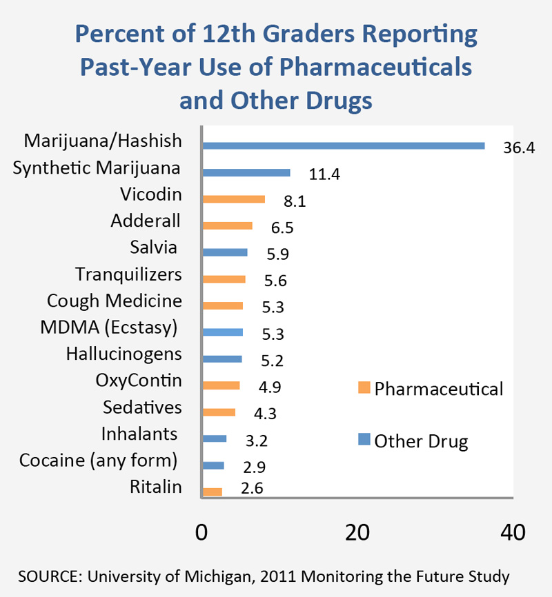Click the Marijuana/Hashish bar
(343, 145)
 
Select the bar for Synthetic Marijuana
(246, 172)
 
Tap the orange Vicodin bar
(233, 199)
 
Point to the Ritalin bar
(212, 492)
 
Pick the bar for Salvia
(224, 252)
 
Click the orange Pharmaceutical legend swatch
(364, 389)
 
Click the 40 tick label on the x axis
(511, 532)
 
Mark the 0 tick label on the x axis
(201, 532)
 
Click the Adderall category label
(146, 221)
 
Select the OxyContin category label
(139, 381)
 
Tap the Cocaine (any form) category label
(99, 460)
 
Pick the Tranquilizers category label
(128, 274)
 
